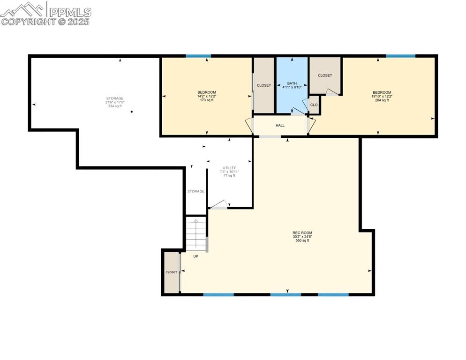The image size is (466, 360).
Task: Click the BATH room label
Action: click(292, 83)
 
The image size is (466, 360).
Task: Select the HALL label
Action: click(280, 125)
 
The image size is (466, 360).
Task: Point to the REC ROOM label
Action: click(302, 233)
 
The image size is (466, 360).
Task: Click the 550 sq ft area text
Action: click(302, 240)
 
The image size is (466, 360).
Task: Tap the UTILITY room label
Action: click(229, 168)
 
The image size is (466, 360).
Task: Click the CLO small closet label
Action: click(314, 105)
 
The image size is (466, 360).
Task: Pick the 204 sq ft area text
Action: click(382, 100)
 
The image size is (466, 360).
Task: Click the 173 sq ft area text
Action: click(206, 100)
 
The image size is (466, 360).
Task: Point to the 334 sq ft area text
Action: click(114, 106)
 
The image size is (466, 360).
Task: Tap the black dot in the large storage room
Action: click(132, 112)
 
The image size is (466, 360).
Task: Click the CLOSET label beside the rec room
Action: click(171, 272)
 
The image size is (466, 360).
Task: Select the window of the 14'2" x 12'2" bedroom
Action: click(198, 56)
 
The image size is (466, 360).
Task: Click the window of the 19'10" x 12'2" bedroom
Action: click(400, 56)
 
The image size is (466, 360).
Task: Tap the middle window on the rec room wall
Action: click(286, 295)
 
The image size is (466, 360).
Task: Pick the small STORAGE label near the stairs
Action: click(195, 191)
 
